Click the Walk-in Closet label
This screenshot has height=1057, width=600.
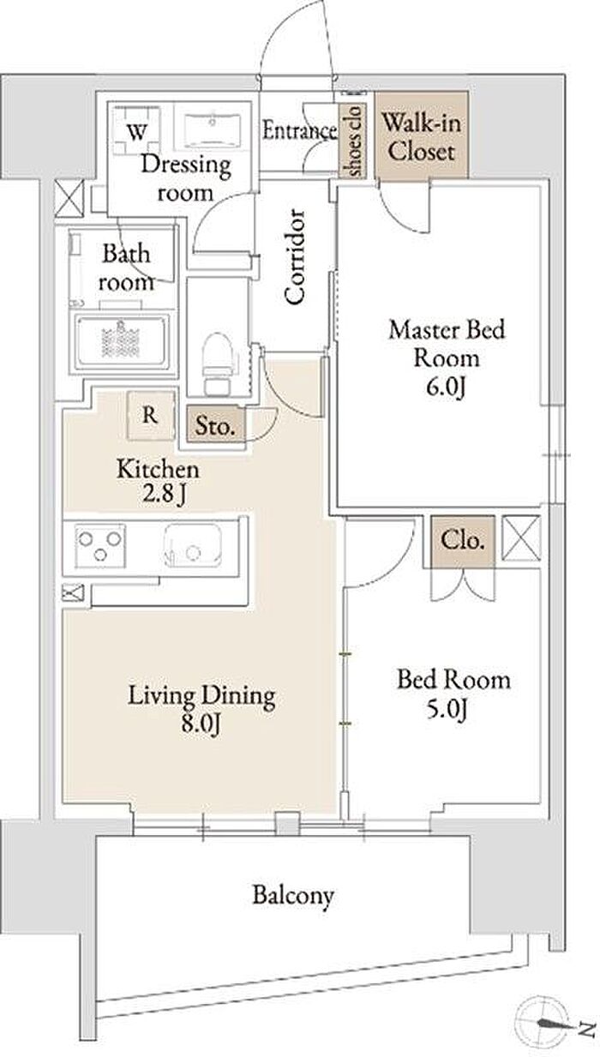(421, 137)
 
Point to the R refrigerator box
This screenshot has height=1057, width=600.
(150, 416)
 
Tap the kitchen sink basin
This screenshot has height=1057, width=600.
(193, 545)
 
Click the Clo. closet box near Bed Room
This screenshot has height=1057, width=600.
(462, 541)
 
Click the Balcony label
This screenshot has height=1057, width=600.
(293, 895)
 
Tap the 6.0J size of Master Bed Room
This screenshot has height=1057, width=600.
(446, 387)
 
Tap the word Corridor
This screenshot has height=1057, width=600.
(295, 256)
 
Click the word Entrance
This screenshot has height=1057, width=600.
(299, 130)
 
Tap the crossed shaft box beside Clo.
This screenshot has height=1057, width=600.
(521, 538)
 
